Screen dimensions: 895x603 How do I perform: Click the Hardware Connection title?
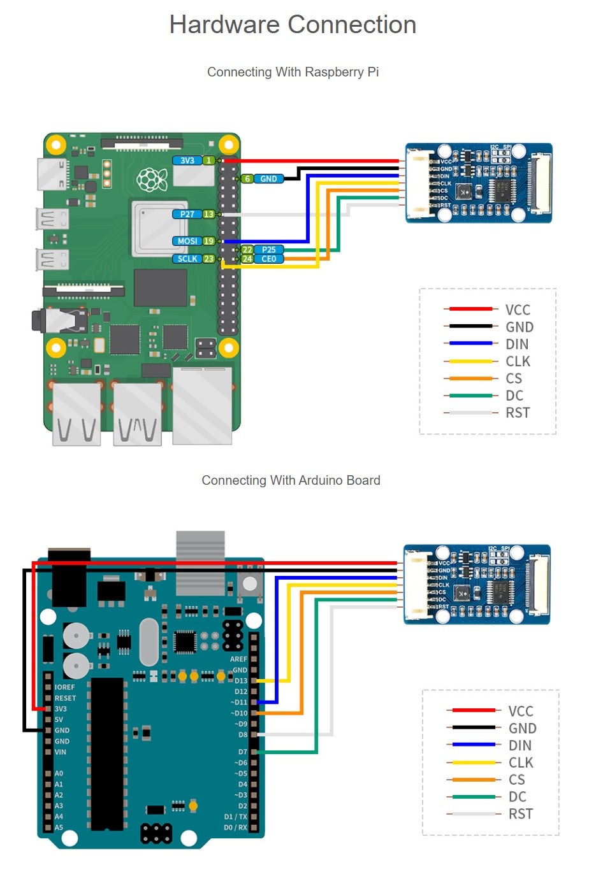(293, 25)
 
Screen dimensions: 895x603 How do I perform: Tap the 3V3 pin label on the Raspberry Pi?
(187, 161)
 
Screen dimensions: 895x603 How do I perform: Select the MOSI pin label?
(187, 241)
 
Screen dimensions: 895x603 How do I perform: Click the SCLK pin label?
(187, 259)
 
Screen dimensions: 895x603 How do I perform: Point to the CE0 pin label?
(269, 259)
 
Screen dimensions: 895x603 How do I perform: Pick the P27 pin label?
(187, 214)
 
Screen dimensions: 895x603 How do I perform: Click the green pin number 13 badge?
(208, 214)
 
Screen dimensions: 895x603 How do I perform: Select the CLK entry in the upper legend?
(518, 361)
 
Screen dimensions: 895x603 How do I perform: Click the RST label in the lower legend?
(521, 813)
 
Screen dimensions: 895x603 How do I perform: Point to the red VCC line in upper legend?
(470, 309)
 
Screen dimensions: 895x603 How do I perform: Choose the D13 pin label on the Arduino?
(240, 681)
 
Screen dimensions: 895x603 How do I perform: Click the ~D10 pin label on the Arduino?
(239, 713)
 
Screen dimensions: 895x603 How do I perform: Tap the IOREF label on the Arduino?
(65, 687)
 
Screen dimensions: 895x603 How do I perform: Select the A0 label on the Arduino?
(59, 773)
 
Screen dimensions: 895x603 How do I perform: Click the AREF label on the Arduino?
(238, 659)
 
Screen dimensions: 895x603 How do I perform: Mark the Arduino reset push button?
(250, 584)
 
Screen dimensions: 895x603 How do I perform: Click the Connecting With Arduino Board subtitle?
(291, 480)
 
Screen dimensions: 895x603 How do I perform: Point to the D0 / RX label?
(235, 827)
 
